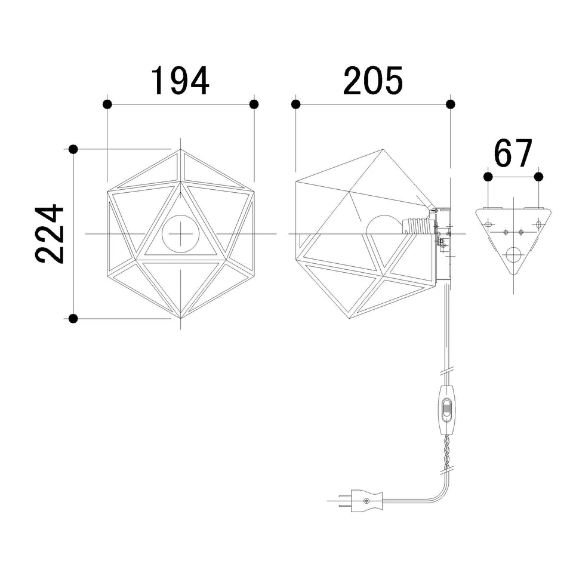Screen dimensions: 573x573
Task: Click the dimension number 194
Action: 180,81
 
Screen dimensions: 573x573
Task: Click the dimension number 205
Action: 373,81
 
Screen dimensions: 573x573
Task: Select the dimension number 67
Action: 513,153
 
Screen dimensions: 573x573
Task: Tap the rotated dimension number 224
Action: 50,234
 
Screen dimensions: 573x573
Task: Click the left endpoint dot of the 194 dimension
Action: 107,104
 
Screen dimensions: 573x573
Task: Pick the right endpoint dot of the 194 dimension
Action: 254,104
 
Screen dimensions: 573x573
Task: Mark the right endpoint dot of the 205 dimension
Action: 451,104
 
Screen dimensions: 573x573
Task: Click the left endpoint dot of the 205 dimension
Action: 296,104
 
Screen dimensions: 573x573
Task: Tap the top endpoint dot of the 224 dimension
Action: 73,149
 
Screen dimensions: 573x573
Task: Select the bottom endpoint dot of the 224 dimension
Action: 73,318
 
